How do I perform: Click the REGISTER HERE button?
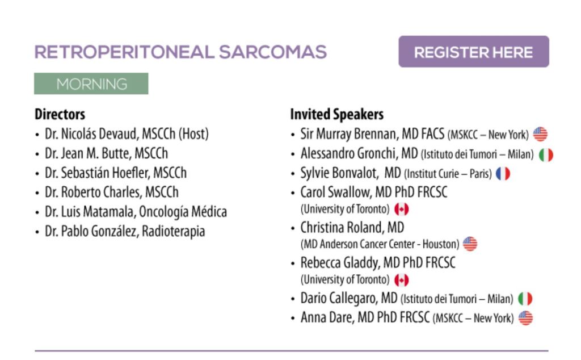(x=474, y=52)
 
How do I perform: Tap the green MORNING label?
(x=91, y=84)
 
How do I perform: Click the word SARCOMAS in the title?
(x=273, y=52)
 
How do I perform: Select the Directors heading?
(x=60, y=114)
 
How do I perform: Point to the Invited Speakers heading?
(x=337, y=114)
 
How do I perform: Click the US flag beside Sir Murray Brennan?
(x=540, y=134)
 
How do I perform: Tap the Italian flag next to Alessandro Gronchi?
(x=546, y=154)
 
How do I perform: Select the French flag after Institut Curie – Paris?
(x=503, y=174)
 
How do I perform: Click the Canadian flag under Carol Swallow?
(x=401, y=210)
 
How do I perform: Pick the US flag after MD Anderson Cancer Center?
(x=470, y=244)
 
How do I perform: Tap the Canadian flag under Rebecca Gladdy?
(x=401, y=280)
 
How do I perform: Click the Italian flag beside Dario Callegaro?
(x=525, y=299)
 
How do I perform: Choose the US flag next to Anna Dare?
(x=525, y=318)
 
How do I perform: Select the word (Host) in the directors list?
(x=194, y=134)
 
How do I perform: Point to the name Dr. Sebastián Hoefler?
(x=98, y=173)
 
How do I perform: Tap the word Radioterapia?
(x=174, y=231)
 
